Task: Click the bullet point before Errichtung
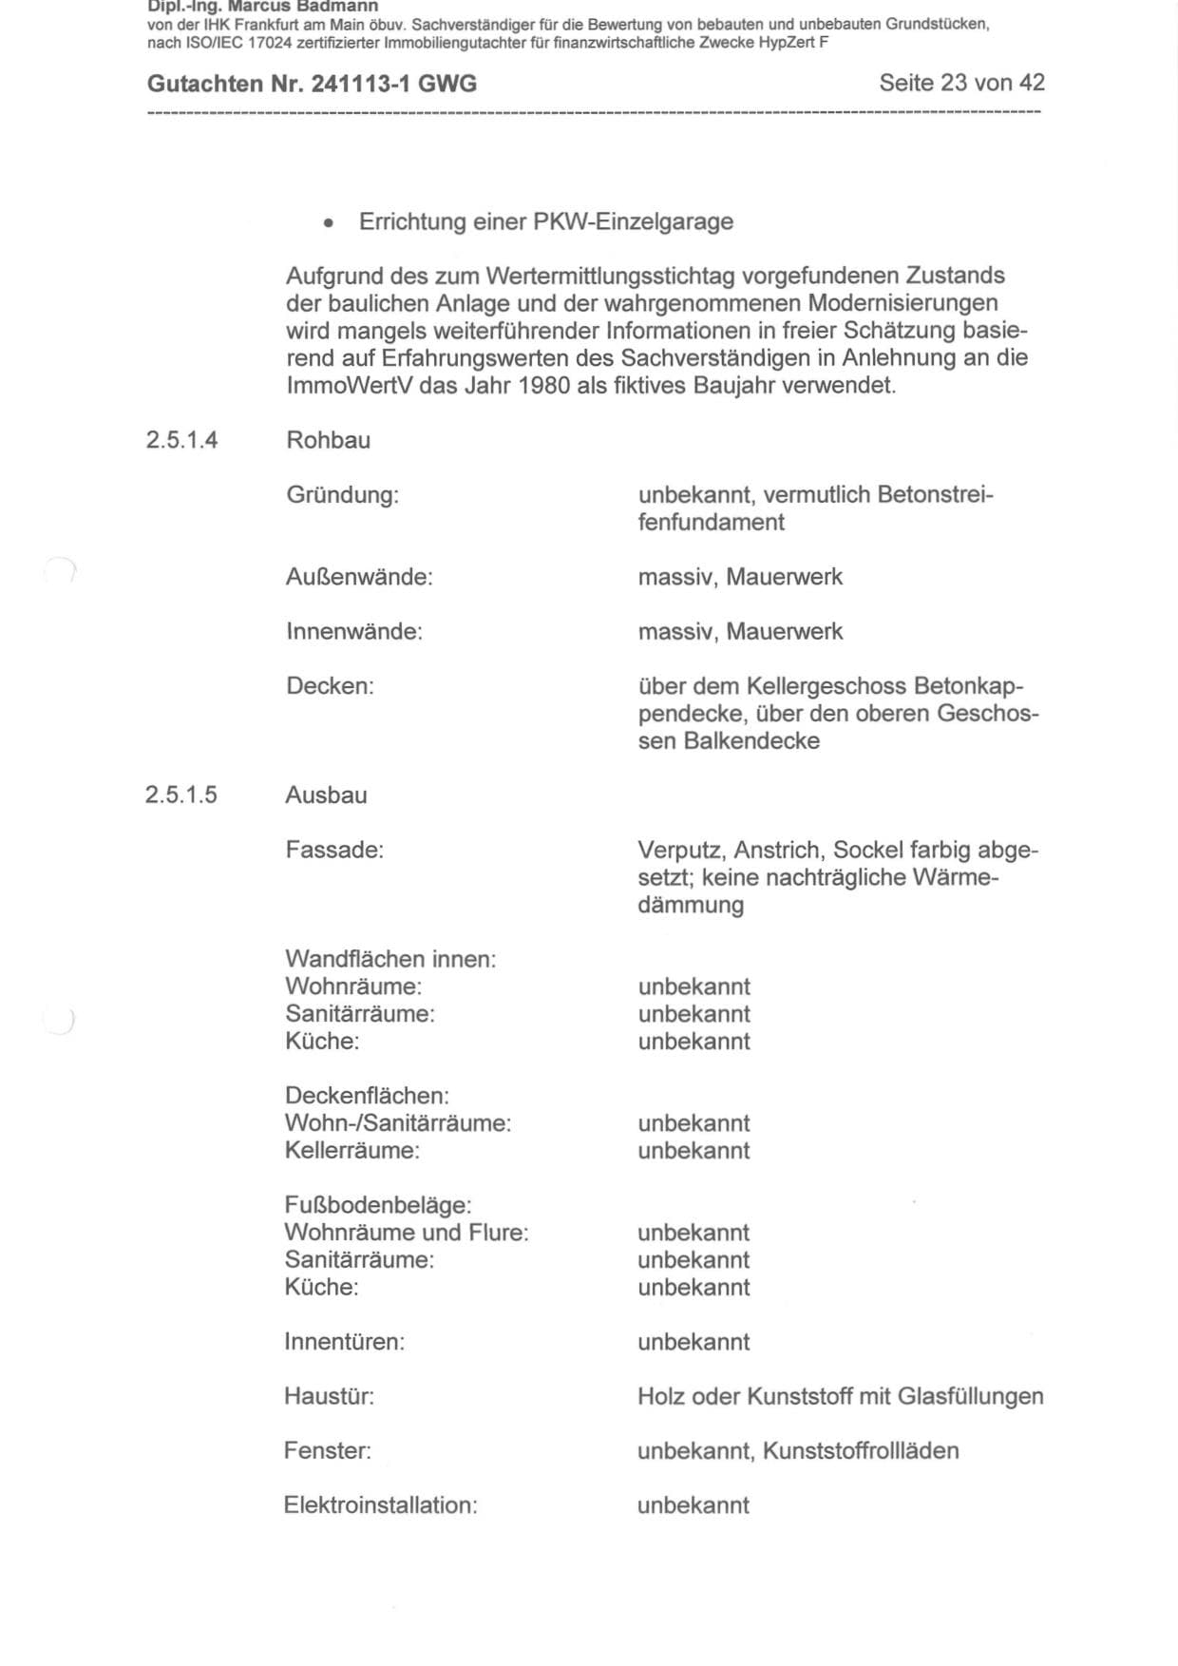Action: click(x=328, y=223)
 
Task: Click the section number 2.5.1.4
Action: click(x=181, y=440)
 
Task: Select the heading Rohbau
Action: click(x=328, y=440)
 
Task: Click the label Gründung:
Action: click(x=342, y=495)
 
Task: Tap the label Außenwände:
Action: click(x=359, y=577)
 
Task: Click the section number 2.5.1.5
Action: click(x=181, y=795)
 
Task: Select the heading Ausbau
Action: click(x=326, y=795)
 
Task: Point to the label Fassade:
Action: click(x=334, y=850)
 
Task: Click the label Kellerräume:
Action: click(x=351, y=1151)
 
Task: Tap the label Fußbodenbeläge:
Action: click(x=378, y=1205)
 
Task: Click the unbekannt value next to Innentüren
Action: click(x=693, y=1342)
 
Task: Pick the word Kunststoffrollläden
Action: click(x=861, y=1451)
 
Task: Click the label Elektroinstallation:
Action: click(x=380, y=1505)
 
